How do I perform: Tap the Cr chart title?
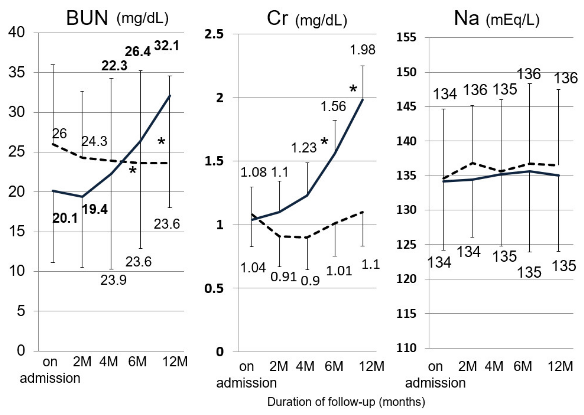coord(306,19)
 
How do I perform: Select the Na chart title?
coord(496,19)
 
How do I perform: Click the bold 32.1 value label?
coord(167,46)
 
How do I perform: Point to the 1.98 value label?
coord(362,50)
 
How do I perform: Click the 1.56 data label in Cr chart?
coord(333,106)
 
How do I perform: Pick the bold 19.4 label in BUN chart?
coord(95,209)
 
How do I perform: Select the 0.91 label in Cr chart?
coord(283,277)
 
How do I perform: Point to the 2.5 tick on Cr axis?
coord(214,34)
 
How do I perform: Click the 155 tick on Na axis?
coord(406,37)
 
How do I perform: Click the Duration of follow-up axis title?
coord(346,402)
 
